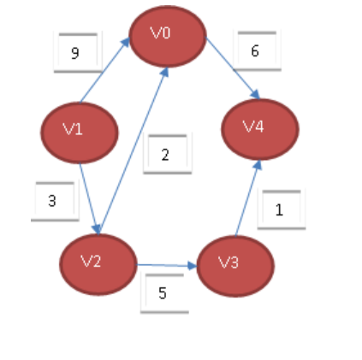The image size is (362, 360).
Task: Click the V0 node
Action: click(167, 36)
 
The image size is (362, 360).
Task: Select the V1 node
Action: click(79, 132)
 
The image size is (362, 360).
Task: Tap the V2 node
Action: click(98, 263)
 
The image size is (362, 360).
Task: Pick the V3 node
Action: click(235, 266)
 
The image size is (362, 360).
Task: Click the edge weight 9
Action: click(75, 53)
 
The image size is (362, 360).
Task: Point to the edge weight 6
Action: click(254, 51)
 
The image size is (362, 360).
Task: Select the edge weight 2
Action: click(165, 155)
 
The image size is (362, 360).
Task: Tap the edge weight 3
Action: click(52, 201)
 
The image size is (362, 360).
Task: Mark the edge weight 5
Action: click(163, 292)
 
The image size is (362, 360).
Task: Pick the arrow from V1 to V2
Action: click(90, 198)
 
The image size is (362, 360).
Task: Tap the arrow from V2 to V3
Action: click(167, 265)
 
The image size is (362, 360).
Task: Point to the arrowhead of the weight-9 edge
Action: click(127, 43)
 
